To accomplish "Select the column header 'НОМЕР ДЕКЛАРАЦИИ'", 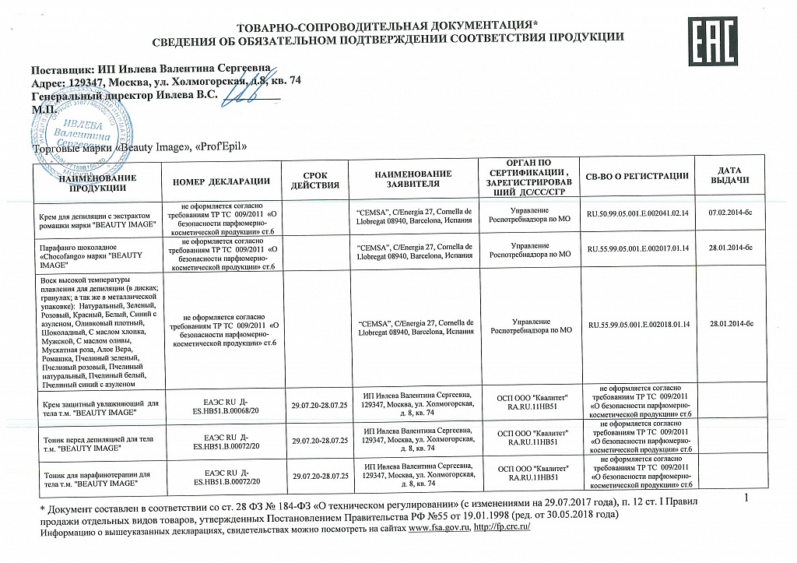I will pyautogui.click(x=226, y=181).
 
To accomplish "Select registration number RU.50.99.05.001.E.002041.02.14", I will pyautogui.click(x=638, y=213).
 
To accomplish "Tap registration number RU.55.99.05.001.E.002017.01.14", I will pyautogui.click(x=638, y=249).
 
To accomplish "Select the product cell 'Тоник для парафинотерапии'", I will pyautogui.click(x=94, y=478).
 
